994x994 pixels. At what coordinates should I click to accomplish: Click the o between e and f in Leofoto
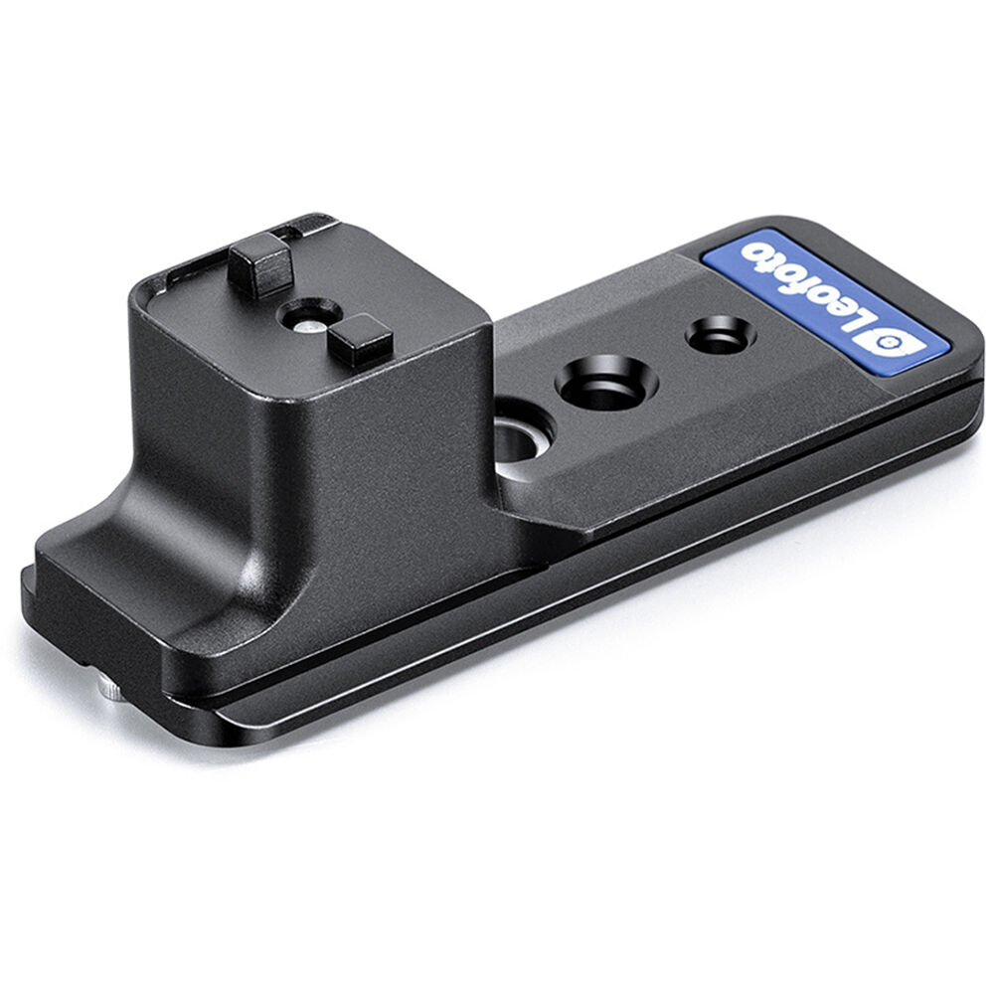810,289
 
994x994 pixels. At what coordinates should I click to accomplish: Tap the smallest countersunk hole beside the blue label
719,336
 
